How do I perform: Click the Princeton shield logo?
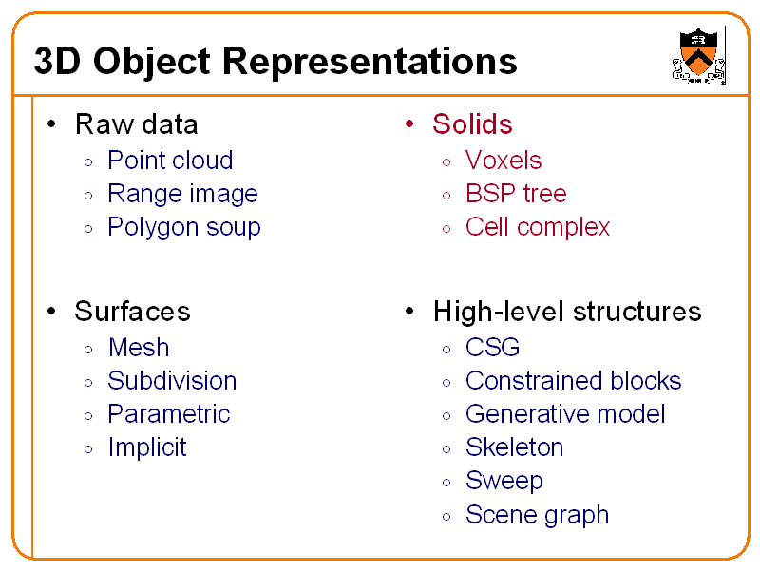[699, 55]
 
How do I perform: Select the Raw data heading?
[136, 124]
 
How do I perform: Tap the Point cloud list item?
[170, 161]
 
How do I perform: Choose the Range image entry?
[182, 194]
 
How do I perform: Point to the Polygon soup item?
[183, 227]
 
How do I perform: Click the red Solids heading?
[472, 124]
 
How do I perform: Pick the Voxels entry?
[503, 161]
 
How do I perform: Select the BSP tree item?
[516, 194]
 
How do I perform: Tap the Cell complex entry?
[538, 227]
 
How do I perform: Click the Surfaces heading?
[132, 312]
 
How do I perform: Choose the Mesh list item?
[139, 348]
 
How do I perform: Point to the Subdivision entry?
[172, 381]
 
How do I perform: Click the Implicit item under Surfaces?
[147, 447]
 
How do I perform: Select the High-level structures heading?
[566, 312]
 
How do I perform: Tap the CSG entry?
[492, 348]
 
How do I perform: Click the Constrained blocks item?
[573, 381]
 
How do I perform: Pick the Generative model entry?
[565, 414]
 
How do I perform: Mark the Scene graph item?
[537, 515]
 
